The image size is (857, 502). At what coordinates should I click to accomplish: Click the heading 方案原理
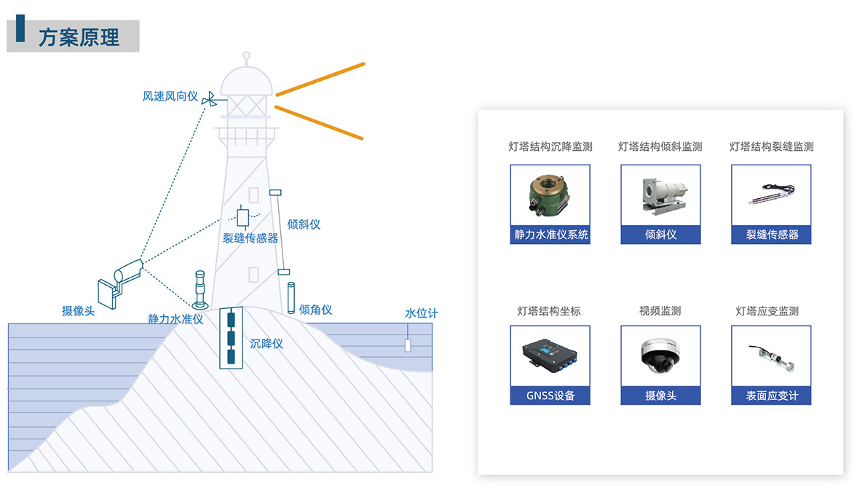click(x=79, y=36)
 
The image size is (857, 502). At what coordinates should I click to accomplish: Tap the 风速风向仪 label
click(x=170, y=96)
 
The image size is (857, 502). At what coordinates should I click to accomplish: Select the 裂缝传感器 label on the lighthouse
click(x=250, y=238)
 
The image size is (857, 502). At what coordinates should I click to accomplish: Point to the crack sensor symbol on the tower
click(x=243, y=217)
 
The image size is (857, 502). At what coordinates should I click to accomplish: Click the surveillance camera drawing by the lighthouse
click(x=121, y=280)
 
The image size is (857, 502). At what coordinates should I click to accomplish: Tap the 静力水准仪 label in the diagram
click(x=175, y=318)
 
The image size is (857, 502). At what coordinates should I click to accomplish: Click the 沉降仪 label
click(x=266, y=343)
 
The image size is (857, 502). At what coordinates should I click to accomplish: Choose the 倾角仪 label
click(x=315, y=310)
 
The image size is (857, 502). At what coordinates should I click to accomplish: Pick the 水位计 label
click(x=422, y=313)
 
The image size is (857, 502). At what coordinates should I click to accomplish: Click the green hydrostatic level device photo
click(x=550, y=195)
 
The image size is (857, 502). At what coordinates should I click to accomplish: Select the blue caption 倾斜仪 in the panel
click(x=660, y=235)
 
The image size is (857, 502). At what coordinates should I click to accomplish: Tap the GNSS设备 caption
click(x=550, y=396)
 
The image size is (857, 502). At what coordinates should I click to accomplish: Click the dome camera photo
click(x=660, y=356)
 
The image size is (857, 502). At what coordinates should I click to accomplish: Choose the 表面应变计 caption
click(x=772, y=396)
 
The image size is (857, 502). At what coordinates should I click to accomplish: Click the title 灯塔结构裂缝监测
click(x=771, y=146)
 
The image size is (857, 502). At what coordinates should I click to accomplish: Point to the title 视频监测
click(x=660, y=311)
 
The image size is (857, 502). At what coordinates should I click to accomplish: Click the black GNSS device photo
click(x=550, y=356)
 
